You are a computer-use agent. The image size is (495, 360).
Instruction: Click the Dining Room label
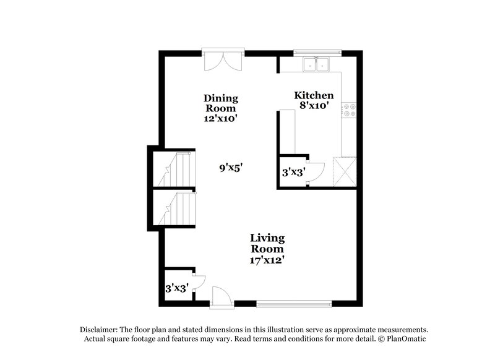pos(221,103)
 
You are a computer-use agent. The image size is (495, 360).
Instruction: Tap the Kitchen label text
pos(314,95)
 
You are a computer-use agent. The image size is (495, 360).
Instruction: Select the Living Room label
pos(267,243)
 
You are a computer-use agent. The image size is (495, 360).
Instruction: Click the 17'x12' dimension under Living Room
pos(267,260)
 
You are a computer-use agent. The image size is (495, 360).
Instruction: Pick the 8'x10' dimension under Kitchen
pos(314,106)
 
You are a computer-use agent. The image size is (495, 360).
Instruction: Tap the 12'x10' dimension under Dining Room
pos(221,118)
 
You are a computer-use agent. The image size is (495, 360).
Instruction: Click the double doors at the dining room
pos(223,60)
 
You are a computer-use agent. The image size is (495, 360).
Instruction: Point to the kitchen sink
pos(316,64)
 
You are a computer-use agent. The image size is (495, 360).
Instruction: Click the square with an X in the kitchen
pos(345,171)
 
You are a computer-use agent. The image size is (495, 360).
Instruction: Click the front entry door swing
pos(220,295)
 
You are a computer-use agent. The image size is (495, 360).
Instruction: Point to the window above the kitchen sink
pos(317,51)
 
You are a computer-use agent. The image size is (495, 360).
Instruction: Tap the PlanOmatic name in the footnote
pos(407,340)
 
